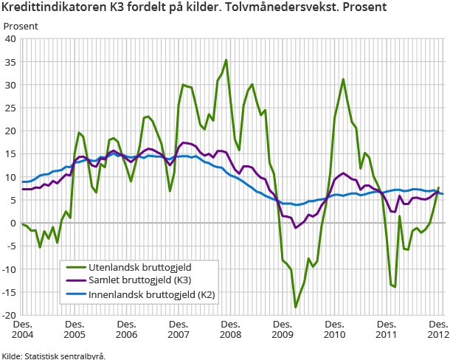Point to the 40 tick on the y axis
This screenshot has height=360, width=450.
(11, 39)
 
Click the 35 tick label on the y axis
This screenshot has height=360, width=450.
(11, 62)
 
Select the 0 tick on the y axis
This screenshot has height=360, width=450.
(13, 223)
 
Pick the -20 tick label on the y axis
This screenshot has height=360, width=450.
(9, 315)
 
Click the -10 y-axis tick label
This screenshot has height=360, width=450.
(9, 269)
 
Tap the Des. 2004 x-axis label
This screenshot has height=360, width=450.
(22, 330)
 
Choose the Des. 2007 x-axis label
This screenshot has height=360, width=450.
(179, 330)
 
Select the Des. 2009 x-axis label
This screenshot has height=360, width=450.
(283, 330)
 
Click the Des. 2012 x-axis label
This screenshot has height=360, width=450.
(439, 330)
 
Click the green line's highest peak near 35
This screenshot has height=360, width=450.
(226, 60)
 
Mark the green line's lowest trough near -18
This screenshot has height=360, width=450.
(295, 307)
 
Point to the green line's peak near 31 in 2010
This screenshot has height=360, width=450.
(343, 79)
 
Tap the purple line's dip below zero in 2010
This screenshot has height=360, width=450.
(295, 227)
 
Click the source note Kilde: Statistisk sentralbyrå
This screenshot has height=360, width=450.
(53, 355)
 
